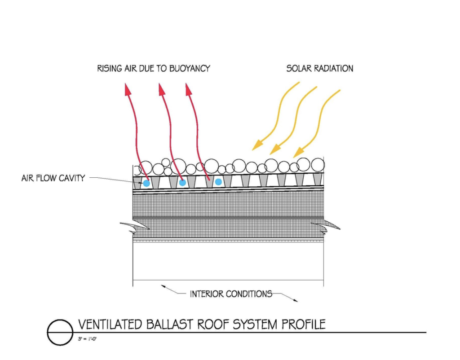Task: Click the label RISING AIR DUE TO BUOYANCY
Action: click(154, 69)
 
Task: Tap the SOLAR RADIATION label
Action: click(320, 69)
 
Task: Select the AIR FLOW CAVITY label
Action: click(53, 178)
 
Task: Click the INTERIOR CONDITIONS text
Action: click(231, 294)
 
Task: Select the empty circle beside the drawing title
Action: click(60, 333)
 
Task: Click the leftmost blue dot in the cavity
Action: click(146, 183)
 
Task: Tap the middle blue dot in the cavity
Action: click(182, 183)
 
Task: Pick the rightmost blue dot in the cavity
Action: click(218, 182)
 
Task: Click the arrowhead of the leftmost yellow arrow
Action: click(257, 145)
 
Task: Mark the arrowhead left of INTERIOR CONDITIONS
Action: click(164, 287)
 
